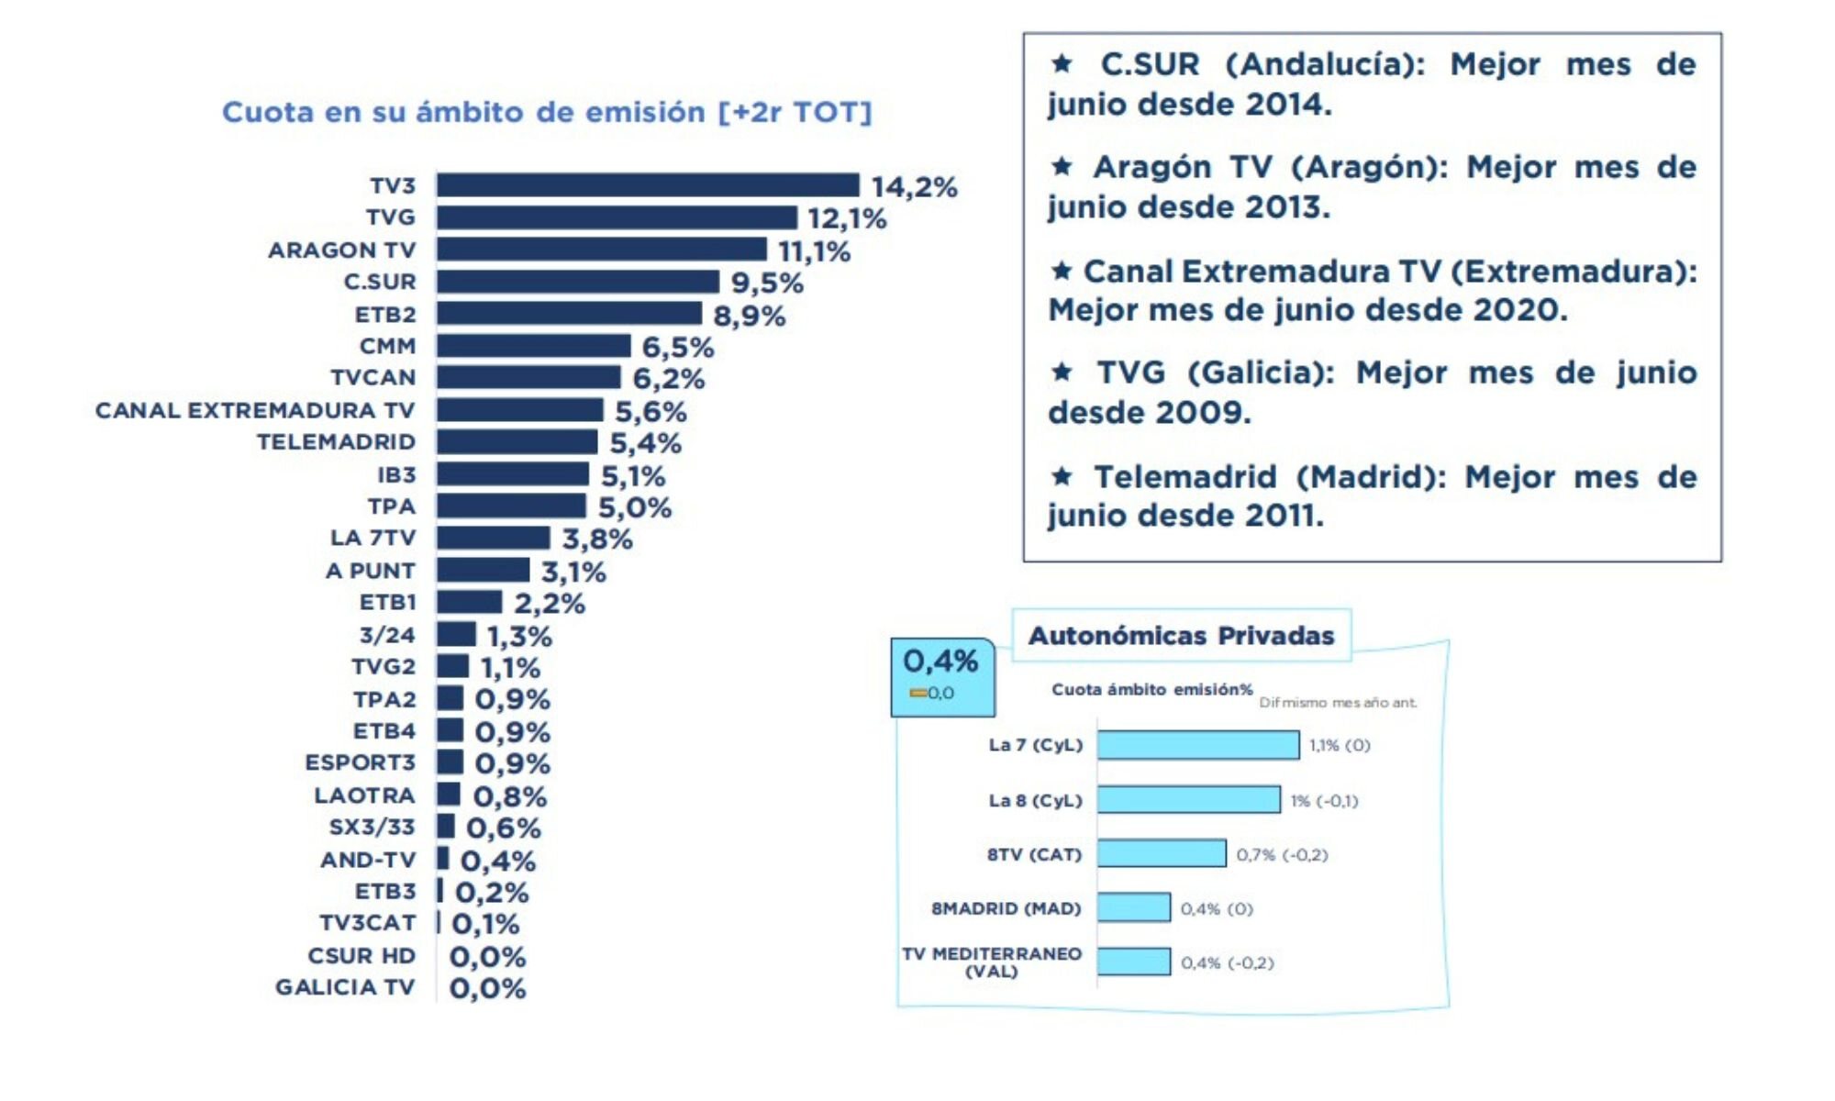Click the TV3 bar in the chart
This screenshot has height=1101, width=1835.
click(648, 185)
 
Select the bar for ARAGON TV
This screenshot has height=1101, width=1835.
click(601, 250)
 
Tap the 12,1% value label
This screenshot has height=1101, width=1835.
click(847, 219)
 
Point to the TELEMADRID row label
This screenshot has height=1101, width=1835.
click(336, 442)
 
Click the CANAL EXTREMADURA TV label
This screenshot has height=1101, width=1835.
click(255, 410)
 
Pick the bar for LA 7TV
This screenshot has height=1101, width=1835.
click(493, 538)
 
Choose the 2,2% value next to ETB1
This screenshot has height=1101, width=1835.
click(549, 603)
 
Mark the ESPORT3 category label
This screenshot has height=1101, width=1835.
click(360, 763)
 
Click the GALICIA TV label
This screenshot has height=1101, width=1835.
click(345, 987)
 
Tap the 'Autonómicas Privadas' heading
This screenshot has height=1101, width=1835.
click(1181, 636)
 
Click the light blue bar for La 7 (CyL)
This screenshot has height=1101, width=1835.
click(1197, 745)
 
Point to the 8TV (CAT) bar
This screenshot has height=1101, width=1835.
click(1161, 853)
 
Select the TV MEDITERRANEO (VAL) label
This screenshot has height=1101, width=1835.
click(992, 962)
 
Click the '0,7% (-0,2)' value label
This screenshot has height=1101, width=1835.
click(1282, 855)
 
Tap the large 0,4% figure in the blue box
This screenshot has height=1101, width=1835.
click(940, 661)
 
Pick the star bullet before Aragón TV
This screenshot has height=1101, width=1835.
click(1062, 167)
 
